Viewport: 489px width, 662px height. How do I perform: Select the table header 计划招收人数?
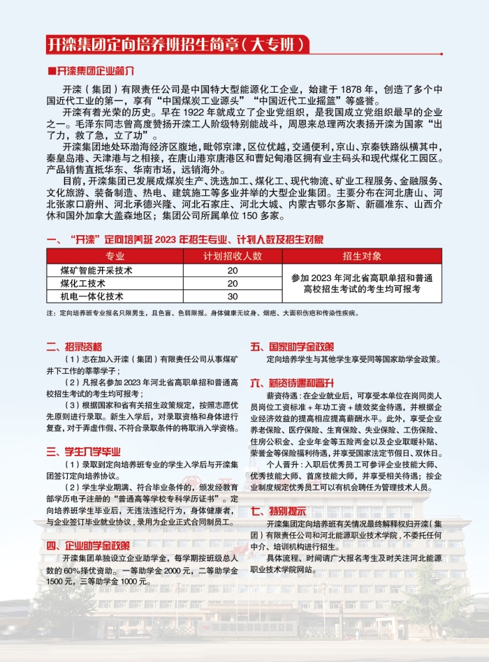pyautogui.click(x=232, y=255)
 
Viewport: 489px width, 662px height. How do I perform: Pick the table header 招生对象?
pyautogui.click(x=362, y=255)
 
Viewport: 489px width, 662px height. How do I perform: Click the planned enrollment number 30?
pyautogui.click(x=232, y=296)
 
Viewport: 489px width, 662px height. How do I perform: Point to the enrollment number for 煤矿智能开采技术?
pyautogui.click(x=232, y=270)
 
